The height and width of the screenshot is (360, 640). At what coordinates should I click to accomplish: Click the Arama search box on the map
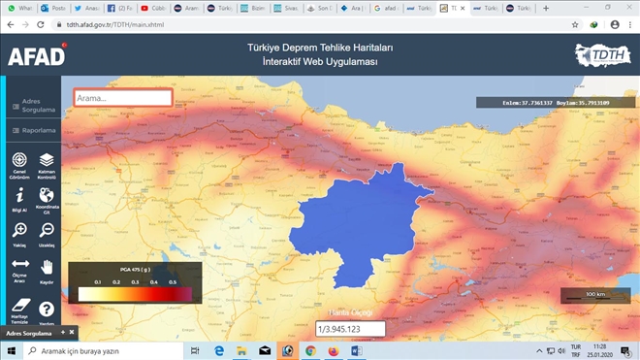pyautogui.click(x=123, y=98)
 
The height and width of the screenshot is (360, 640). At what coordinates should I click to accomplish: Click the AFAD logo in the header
pyautogui.click(x=36, y=55)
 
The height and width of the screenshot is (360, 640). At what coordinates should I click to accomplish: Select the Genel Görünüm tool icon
pyautogui.click(x=19, y=161)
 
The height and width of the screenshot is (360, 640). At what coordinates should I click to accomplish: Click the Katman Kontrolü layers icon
pyautogui.click(x=47, y=161)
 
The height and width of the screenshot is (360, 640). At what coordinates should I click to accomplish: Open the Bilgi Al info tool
pyautogui.click(x=19, y=196)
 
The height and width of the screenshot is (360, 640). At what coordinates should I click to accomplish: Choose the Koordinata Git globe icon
pyautogui.click(x=47, y=196)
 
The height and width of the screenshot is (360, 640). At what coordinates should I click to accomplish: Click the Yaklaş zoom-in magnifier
pyautogui.click(x=19, y=231)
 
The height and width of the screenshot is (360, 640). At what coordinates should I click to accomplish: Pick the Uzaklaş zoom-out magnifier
pyautogui.click(x=47, y=231)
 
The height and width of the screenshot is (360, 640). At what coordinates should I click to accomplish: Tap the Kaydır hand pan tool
pyautogui.click(x=47, y=267)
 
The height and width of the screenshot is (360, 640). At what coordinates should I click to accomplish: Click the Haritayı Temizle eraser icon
pyautogui.click(x=19, y=305)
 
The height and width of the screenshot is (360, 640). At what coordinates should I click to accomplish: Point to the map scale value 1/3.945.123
pyautogui.click(x=350, y=329)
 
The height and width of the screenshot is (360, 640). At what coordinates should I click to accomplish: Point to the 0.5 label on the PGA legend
pyautogui.click(x=173, y=281)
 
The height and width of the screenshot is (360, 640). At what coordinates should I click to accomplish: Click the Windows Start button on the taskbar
pyautogui.click(x=8, y=350)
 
